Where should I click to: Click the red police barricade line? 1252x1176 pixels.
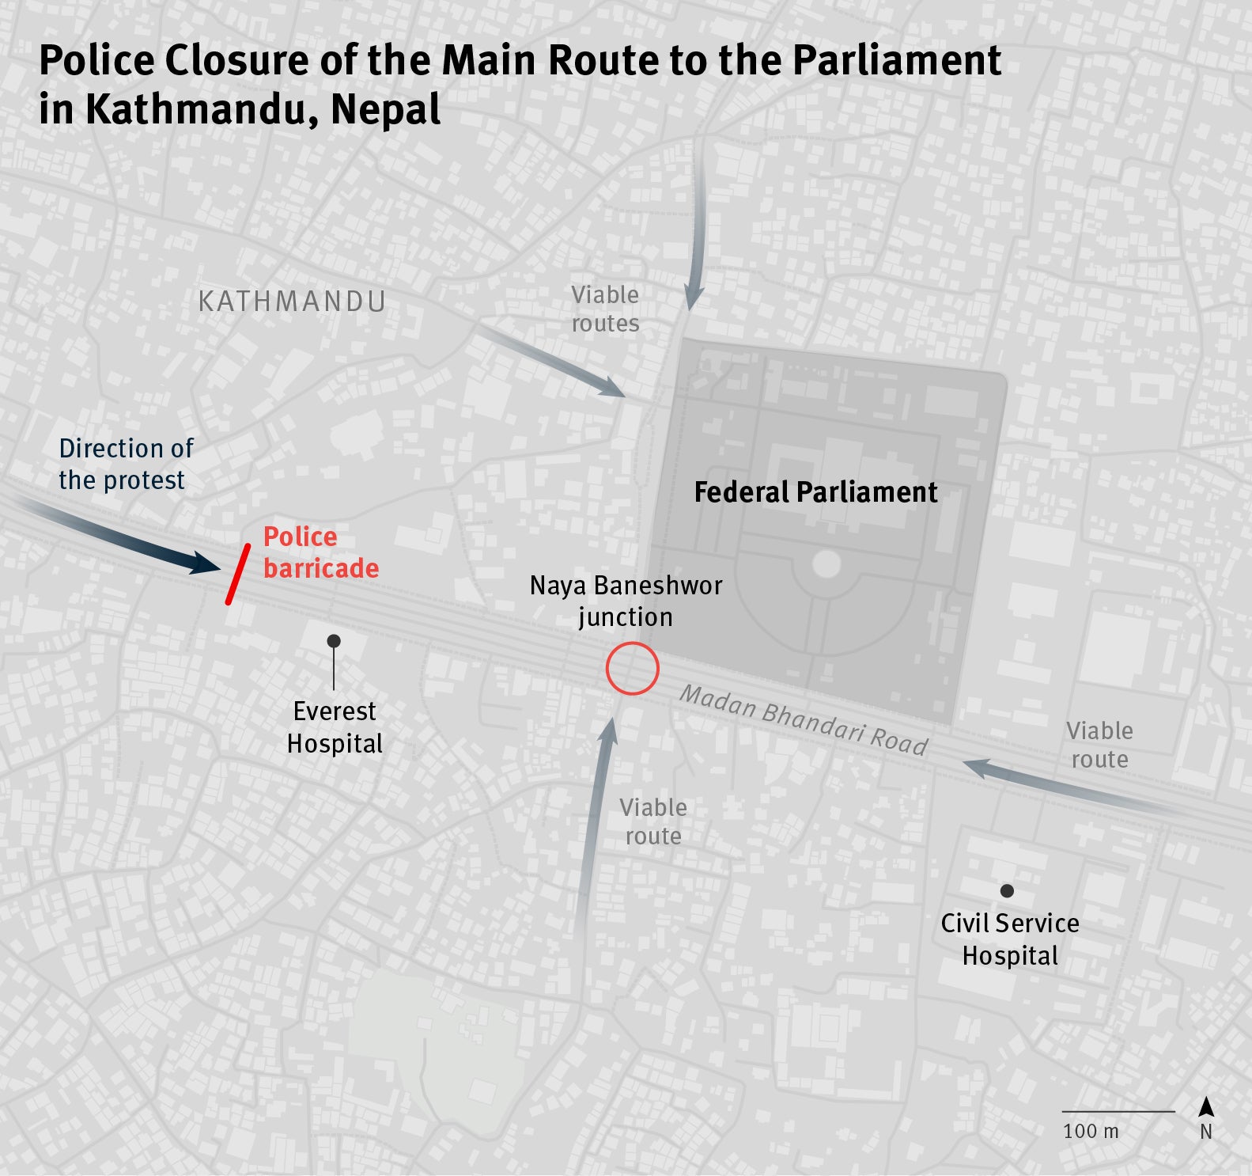[x=238, y=574]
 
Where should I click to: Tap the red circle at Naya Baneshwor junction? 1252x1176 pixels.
[x=632, y=669]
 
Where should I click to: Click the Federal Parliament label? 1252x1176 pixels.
[x=815, y=492]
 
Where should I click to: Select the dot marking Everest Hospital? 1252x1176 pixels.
[x=334, y=640]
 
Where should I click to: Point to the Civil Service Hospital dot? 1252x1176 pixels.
[x=1007, y=891]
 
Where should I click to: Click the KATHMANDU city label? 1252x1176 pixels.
[x=292, y=302]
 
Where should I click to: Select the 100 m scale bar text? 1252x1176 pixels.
[x=1091, y=1131]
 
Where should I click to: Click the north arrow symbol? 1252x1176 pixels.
[x=1206, y=1107]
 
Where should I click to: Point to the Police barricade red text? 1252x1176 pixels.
[x=320, y=552]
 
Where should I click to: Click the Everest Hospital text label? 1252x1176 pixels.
[x=335, y=727]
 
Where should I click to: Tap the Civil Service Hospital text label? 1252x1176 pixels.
[x=1010, y=939]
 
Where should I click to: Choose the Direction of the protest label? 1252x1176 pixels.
[x=125, y=464]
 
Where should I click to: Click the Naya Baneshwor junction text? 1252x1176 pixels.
[x=626, y=601]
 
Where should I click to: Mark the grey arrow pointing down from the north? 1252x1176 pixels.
[x=696, y=237]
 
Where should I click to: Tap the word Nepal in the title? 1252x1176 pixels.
[x=386, y=109]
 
